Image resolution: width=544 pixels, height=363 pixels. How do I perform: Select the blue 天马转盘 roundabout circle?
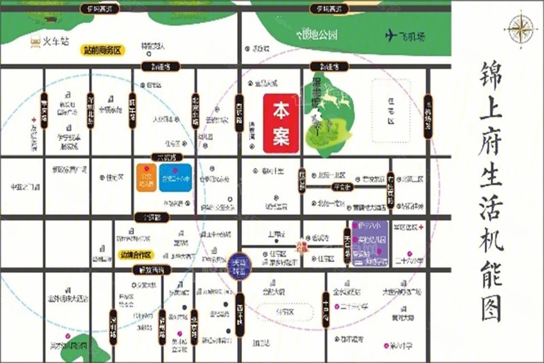(x=237, y=262)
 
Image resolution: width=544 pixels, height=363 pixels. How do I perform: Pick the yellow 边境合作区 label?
(x=135, y=255)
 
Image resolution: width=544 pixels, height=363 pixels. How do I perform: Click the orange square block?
(x=146, y=178)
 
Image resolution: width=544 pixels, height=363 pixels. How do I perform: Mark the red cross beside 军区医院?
(x=422, y=227)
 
